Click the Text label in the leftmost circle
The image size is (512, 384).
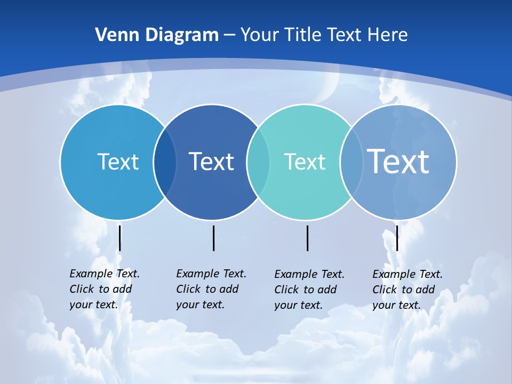(118, 162)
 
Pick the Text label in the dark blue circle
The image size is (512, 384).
(211, 162)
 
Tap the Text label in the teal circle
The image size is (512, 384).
(305, 162)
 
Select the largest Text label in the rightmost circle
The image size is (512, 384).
(398, 161)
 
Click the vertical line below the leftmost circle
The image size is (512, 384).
(120, 238)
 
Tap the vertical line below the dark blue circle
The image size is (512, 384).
(213, 238)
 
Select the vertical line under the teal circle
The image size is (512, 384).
(307, 238)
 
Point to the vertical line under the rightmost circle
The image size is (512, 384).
(397, 238)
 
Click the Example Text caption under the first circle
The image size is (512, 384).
(105, 289)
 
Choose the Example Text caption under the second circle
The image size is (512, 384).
(211, 289)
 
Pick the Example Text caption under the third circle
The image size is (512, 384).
(309, 290)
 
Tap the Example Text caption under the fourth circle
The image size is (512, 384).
(407, 290)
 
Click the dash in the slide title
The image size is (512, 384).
(229, 35)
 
